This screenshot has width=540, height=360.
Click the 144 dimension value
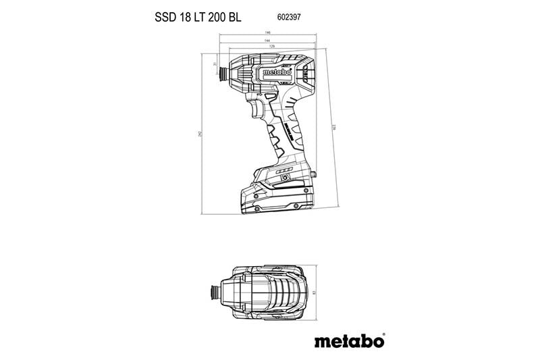click(x=268, y=41)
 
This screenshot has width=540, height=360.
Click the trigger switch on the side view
click(x=257, y=108)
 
